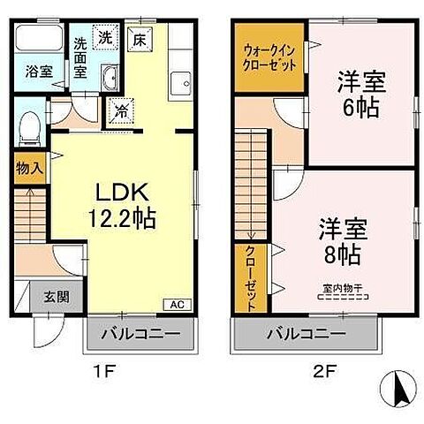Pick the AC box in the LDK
(x=176, y=305)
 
